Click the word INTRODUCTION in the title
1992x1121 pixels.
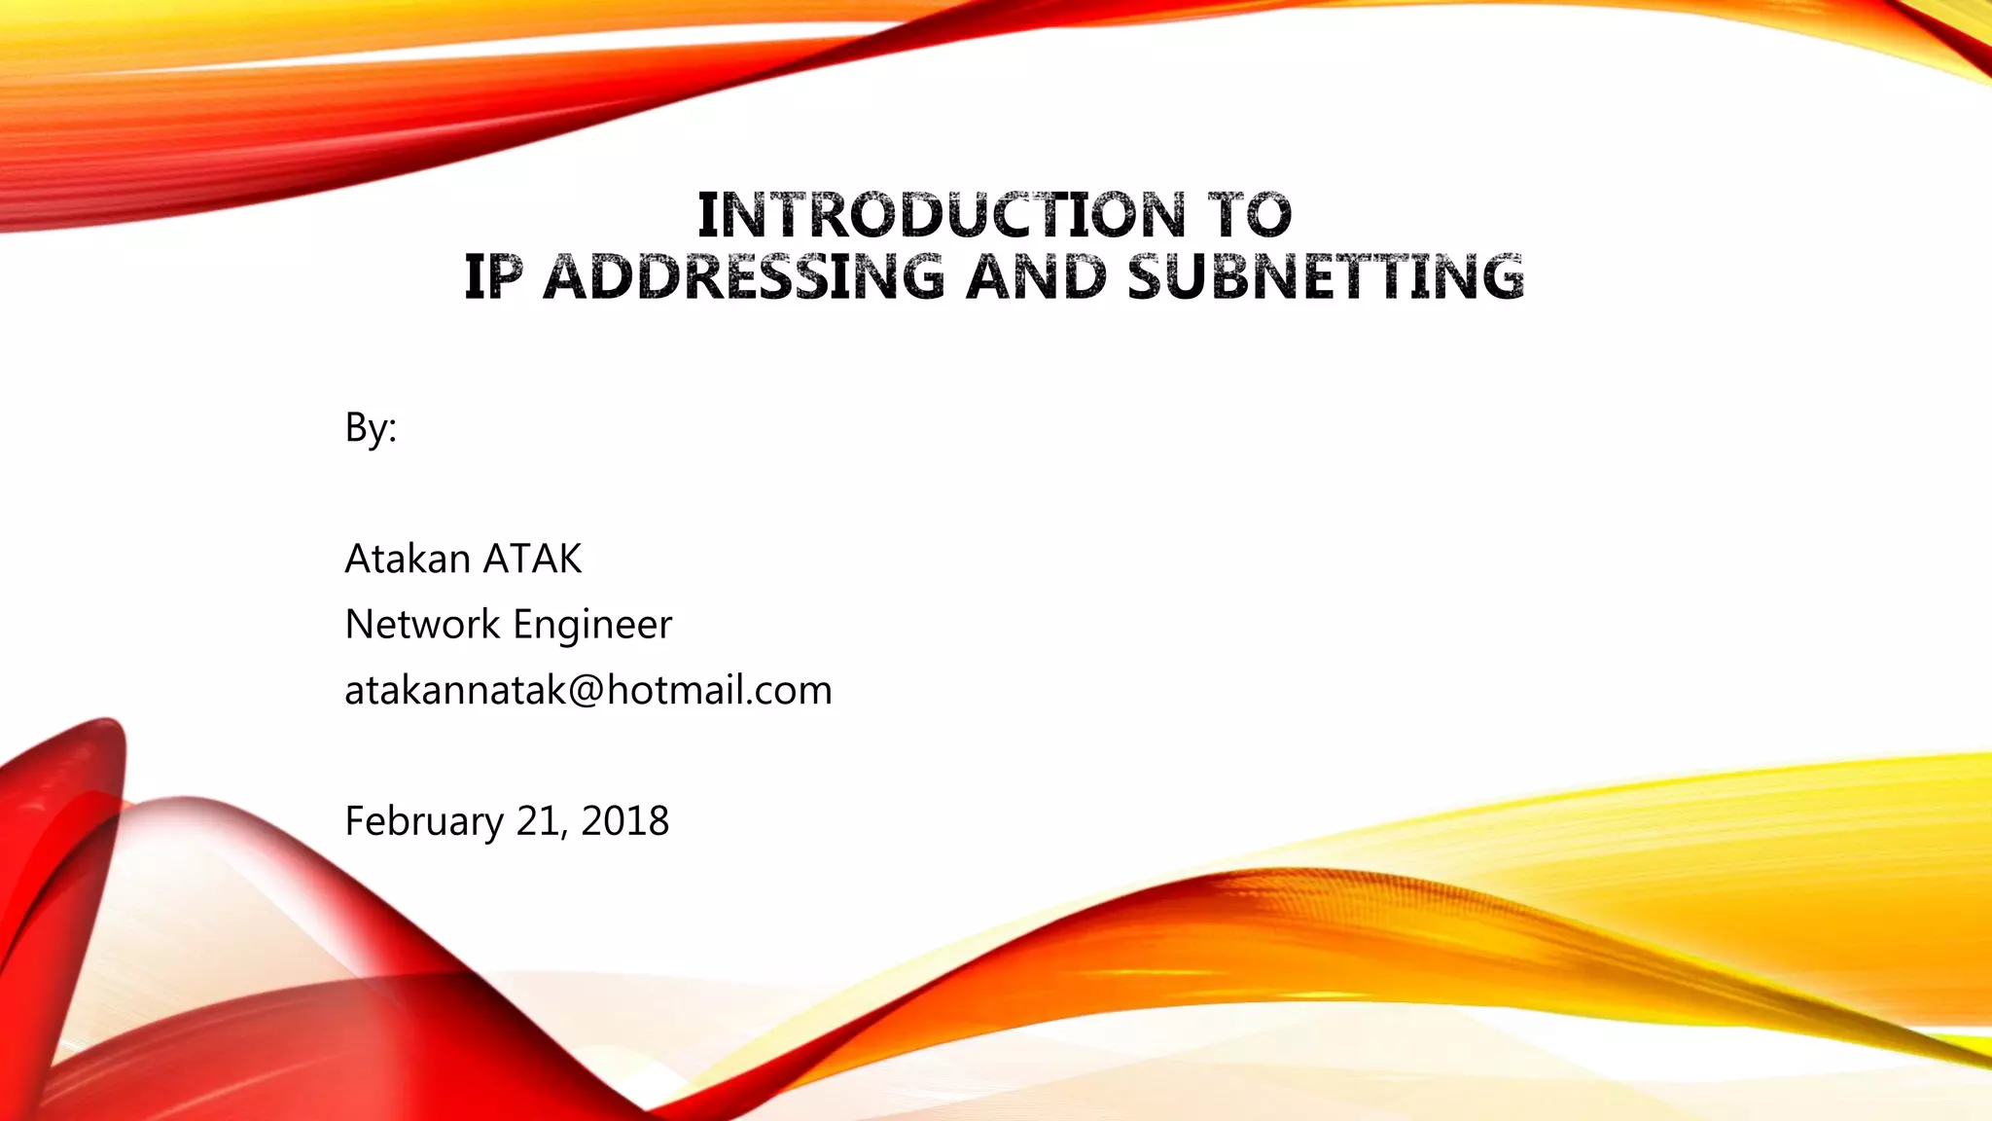[942, 215]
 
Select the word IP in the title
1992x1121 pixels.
[493, 277]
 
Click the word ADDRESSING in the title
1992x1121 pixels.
[743, 277]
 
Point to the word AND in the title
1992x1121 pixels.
[1037, 277]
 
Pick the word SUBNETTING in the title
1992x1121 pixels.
[1326, 277]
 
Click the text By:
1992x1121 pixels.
[371, 427]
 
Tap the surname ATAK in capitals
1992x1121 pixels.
[532, 560]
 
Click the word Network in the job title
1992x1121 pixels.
[422, 625]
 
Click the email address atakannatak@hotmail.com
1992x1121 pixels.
[587, 690]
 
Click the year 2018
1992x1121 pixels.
[624, 821]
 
